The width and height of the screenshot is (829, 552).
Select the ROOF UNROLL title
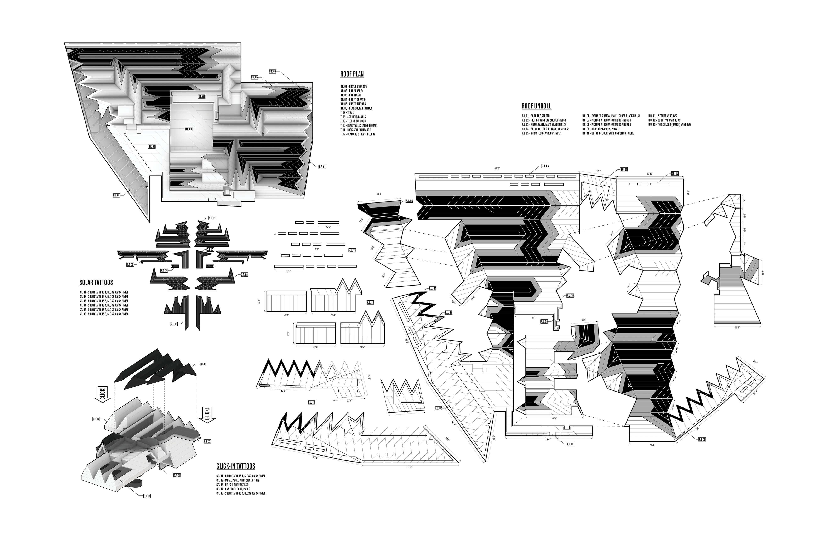tap(536, 106)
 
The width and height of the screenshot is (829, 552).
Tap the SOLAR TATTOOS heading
tap(96, 282)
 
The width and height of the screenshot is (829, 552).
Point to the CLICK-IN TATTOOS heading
tap(235, 466)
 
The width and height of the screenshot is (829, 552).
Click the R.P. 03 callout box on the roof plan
tap(188, 129)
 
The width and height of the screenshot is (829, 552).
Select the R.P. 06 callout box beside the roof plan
tap(272, 71)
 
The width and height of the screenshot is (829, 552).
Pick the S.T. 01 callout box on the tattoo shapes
tap(212, 218)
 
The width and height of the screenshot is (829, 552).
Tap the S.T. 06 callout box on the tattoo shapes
tap(174, 324)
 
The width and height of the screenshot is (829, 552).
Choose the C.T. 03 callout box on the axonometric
tap(177, 475)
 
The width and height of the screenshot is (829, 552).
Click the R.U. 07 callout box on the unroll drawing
tap(675, 174)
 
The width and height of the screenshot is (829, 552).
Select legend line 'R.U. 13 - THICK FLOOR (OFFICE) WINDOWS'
tap(669, 125)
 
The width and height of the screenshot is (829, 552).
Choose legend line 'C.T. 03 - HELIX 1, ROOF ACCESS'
tap(232, 485)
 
